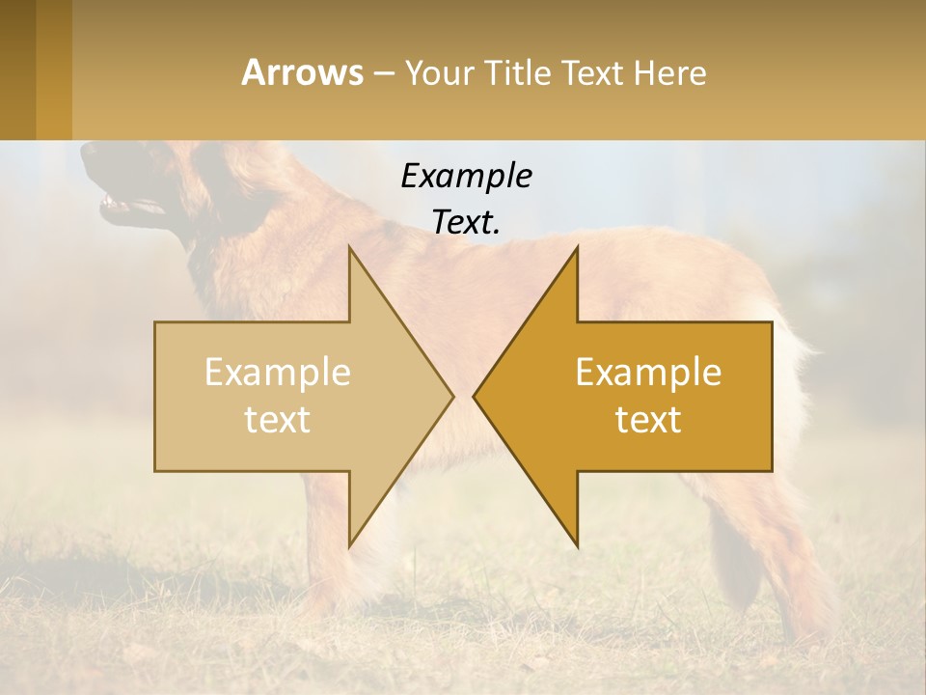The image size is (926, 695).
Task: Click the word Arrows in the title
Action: point(303,72)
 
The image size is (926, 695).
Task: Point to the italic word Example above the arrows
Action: point(466,176)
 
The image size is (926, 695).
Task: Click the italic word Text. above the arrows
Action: point(466,222)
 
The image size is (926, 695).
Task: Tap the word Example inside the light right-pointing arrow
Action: point(277,372)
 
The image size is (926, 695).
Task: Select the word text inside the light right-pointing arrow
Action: point(277,419)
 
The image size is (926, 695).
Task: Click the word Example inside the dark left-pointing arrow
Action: point(648,372)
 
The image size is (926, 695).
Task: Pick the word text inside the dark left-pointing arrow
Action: point(648,419)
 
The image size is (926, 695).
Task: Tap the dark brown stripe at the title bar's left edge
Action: point(18,69)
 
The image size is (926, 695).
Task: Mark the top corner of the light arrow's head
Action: point(349,249)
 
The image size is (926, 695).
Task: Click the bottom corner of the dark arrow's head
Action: point(577,545)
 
